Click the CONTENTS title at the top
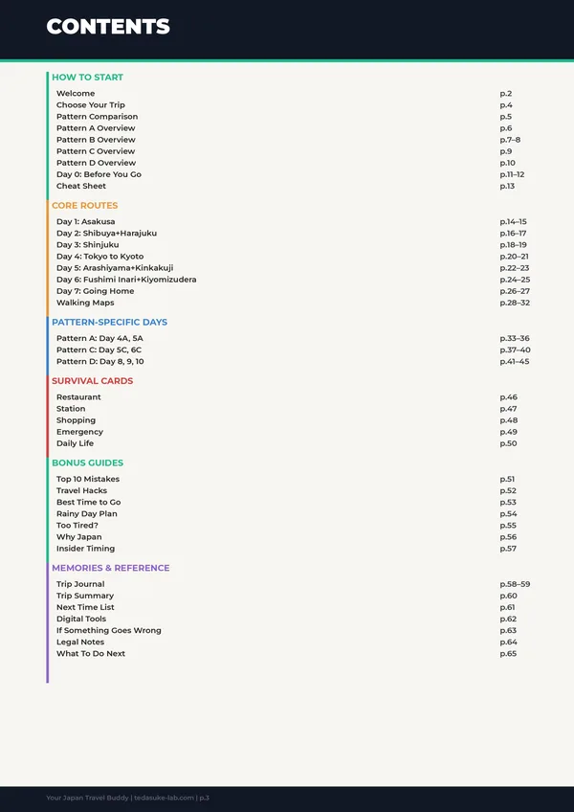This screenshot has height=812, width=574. [108, 27]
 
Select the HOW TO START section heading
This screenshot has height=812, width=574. [87, 78]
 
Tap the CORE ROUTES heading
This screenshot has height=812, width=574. [85, 206]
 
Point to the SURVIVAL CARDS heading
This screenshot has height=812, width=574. [93, 381]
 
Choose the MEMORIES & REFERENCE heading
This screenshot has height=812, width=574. [111, 568]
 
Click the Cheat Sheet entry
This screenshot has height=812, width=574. [81, 186]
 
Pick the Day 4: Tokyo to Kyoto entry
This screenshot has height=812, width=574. [99, 257]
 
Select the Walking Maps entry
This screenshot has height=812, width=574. [85, 303]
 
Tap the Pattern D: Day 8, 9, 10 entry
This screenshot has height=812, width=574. [100, 362]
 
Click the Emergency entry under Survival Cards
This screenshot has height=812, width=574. [79, 432]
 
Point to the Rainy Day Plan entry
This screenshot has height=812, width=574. [87, 514]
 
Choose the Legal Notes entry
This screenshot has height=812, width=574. [80, 643]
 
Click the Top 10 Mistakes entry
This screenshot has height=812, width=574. [88, 479]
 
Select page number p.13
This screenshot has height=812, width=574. [507, 186]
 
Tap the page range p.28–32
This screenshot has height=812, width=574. [515, 303]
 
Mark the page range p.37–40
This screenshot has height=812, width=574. [515, 350]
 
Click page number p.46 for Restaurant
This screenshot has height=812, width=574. [508, 397]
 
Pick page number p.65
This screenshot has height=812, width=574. [508, 654]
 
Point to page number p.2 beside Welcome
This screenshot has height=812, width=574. [506, 94]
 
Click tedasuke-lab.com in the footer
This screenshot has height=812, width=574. [165, 798]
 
